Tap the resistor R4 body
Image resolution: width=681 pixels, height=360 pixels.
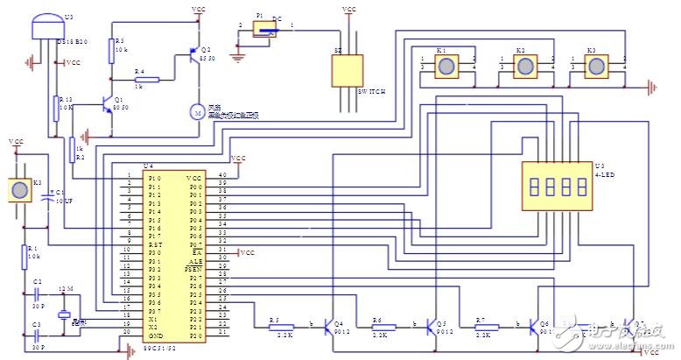coord(147,79)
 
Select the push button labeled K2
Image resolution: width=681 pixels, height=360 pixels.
coord(523,66)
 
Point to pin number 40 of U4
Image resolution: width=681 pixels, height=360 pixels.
coord(221,176)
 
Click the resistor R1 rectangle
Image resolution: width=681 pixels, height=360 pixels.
coord(25,257)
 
